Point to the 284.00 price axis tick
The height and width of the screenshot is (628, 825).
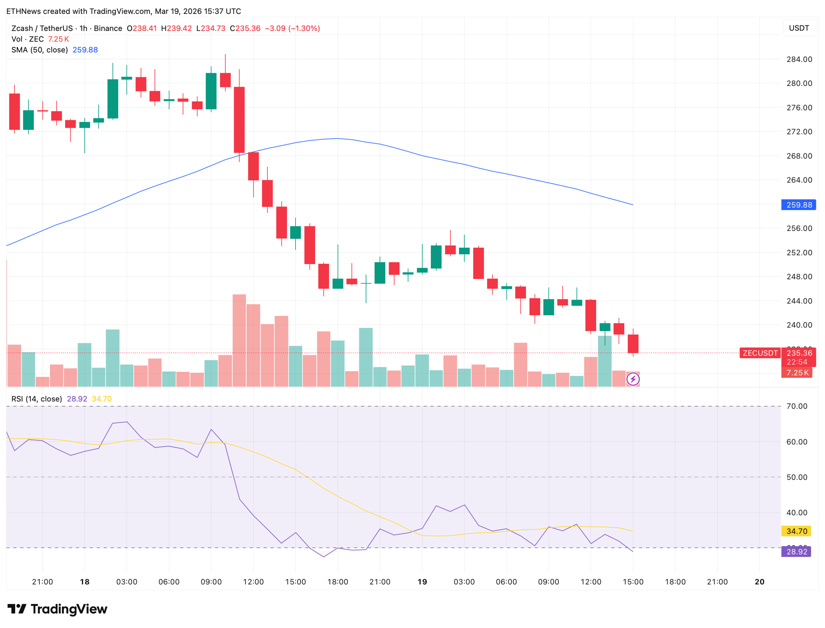point(799,59)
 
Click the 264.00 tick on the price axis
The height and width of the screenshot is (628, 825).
point(799,180)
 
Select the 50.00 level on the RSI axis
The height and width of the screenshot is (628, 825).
point(796,477)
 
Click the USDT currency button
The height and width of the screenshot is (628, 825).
point(799,28)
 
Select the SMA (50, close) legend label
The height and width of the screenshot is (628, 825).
point(39,50)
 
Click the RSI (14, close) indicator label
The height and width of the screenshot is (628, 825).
point(37,398)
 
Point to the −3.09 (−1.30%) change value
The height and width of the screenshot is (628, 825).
point(292,28)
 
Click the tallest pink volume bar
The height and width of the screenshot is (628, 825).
point(239,340)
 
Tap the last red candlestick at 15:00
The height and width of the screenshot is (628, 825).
point(633,344)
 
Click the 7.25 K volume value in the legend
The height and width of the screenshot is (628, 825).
point(58,39)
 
